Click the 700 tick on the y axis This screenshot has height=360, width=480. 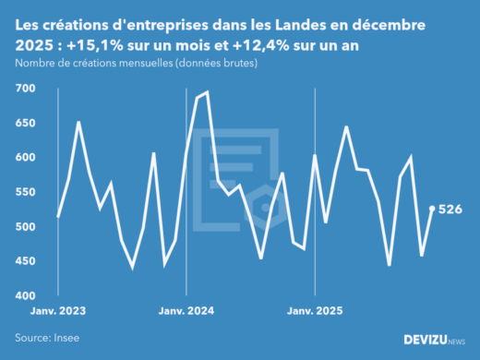tap(25, 89)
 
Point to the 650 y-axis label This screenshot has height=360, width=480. tap(25, 123)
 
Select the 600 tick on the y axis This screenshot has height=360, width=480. tap(25, 158)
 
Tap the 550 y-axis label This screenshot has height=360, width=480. tap(25, 192)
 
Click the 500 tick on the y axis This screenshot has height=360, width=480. tap(25, 227)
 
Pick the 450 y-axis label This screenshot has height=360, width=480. tap(25, 261)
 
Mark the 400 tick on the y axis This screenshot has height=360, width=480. tap(25, 296)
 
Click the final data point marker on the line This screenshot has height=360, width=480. tap(433, 209)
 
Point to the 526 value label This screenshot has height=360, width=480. tap(450, 210)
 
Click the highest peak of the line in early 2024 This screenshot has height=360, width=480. tap(207, 92)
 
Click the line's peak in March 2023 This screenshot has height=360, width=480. tap(78, 122)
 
